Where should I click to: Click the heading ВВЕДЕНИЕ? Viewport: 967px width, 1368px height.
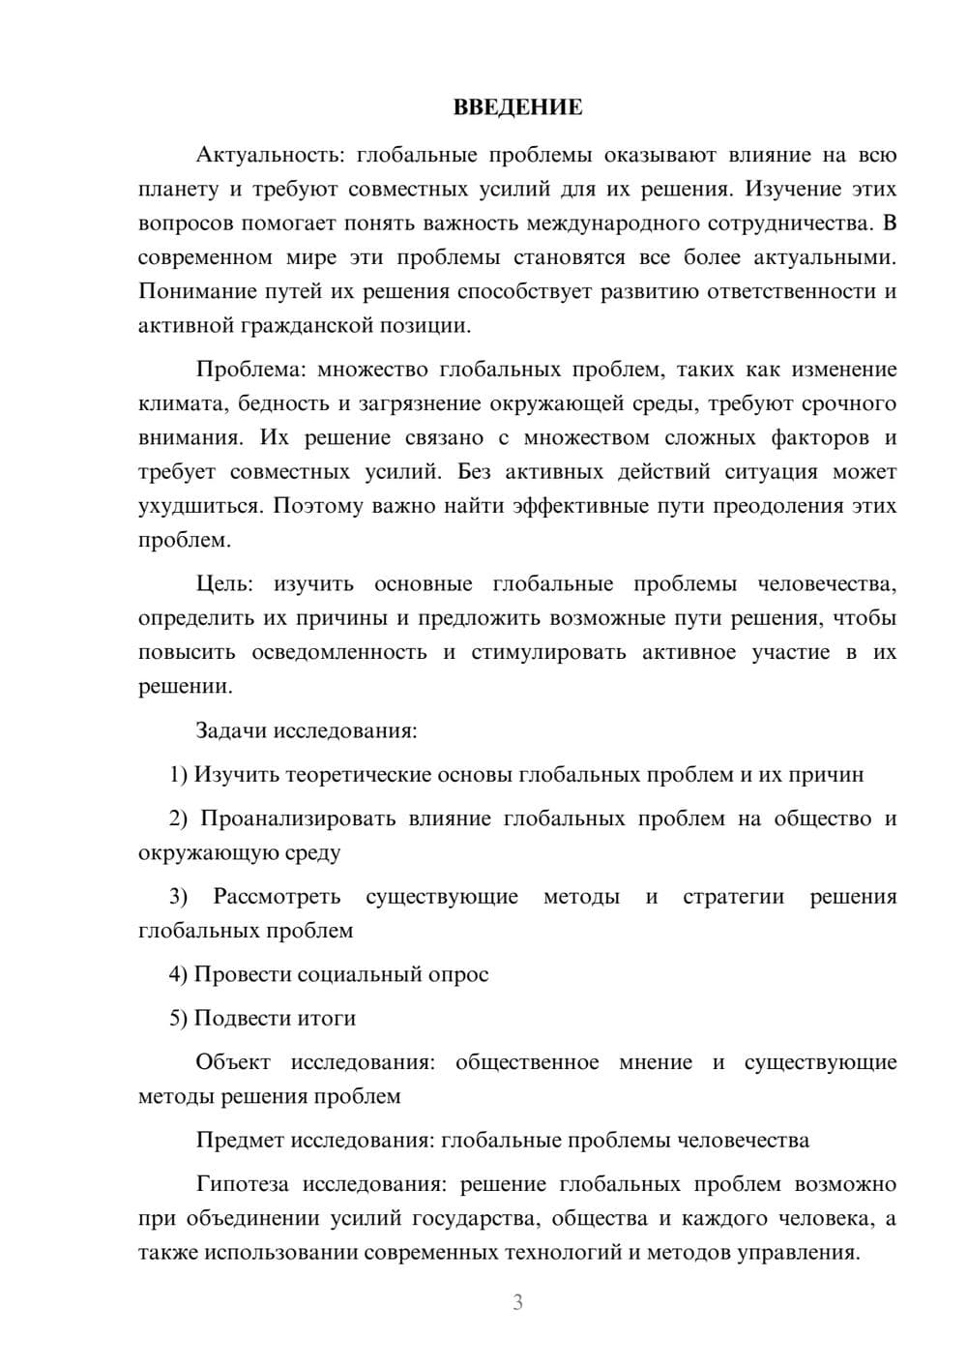[x=517, y=107]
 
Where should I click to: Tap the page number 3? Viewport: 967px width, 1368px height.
[x=517, y=1302]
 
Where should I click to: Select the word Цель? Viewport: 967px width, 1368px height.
[x=223, y=583]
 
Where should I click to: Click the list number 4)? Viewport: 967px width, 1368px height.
[x=178, y=974]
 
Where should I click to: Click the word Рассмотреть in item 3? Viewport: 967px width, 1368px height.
[x=277, y=896]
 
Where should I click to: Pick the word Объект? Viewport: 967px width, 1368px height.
[x=234, y=1062]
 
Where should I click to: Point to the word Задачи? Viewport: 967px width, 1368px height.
[x=231, y=730]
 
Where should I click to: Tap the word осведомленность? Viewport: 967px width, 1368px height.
[x=339, y=652]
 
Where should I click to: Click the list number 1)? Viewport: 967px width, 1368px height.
[x=178, y=774]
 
